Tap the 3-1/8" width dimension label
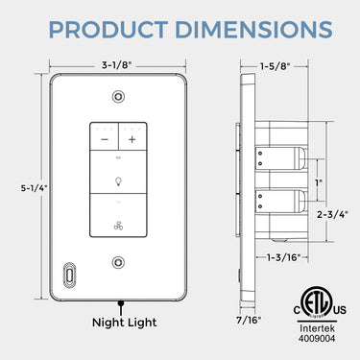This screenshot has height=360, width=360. pos(118,66)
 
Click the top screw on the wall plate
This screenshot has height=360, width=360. pos(118,97)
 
